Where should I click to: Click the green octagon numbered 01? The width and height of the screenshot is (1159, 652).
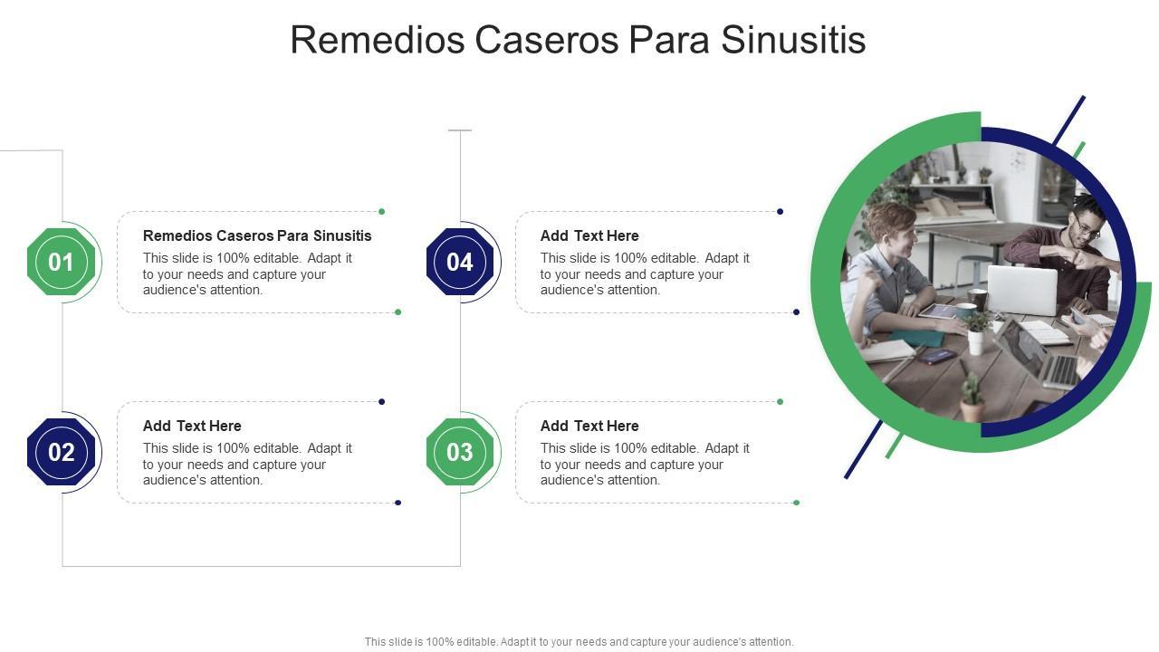(x=61, y=263)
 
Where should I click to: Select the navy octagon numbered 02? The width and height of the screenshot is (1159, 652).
(x=61, y=452)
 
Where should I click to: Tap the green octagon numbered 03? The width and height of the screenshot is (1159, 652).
(x=460, y=452)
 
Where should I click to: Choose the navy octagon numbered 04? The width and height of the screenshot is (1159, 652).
(x=460, y=263)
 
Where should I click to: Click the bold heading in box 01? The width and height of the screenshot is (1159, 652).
(x=257, y=235)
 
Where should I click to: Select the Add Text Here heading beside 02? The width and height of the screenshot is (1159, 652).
(x=192, y=426)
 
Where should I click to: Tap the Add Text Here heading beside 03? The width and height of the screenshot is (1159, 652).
(x=589, y=426)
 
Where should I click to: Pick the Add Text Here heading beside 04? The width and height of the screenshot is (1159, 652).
(x=589, y=235)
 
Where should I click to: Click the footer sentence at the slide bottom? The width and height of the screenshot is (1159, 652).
(x=579, y=642)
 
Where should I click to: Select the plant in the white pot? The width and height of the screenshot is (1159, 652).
(x=976, y=331)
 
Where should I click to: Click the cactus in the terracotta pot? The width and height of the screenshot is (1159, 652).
(x=972, y=398)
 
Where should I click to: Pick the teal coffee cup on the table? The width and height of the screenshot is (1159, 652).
(x=966, y=310)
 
